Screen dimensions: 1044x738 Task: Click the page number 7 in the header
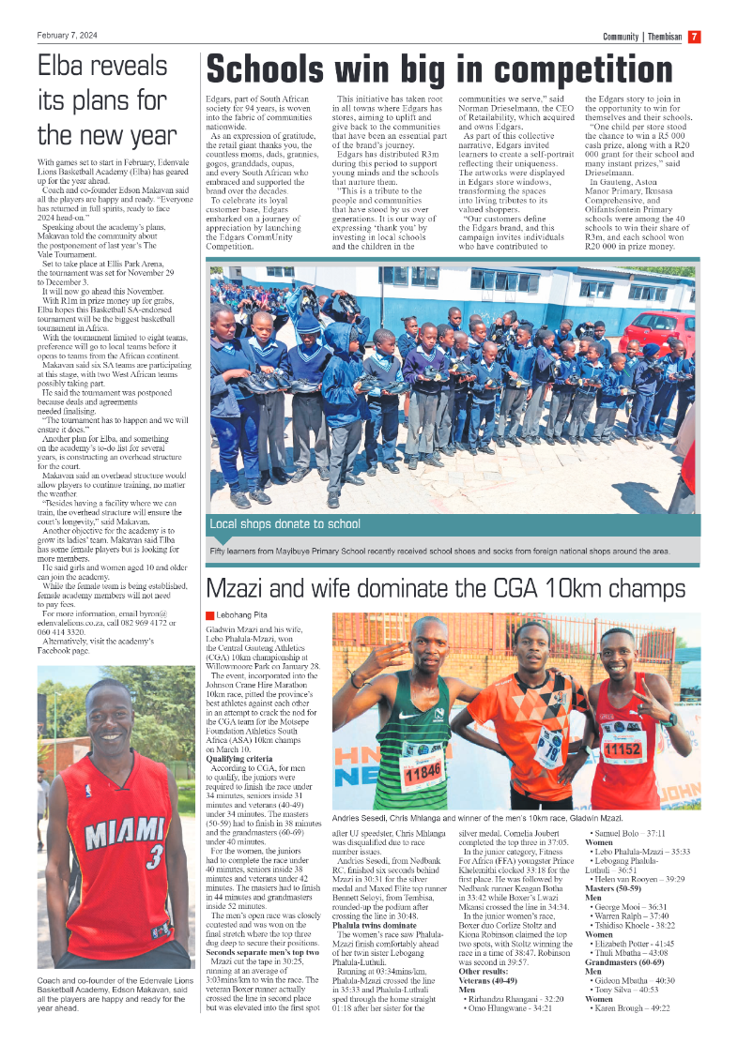coord(694,37)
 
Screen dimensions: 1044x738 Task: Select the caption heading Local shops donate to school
coord(284,524)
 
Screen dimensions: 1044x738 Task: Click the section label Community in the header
coord(622,37)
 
